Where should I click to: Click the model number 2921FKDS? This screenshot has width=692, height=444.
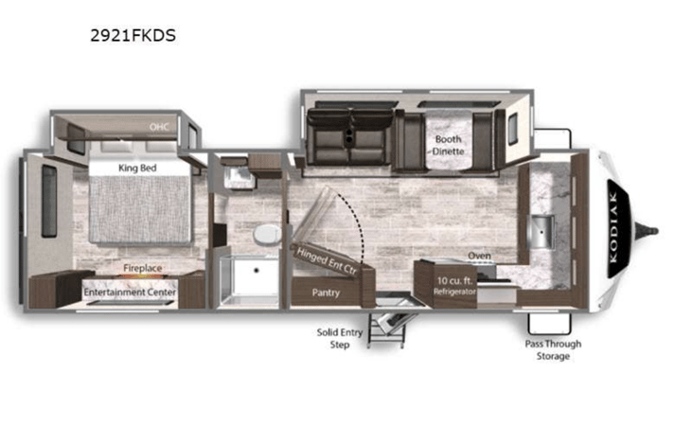(133, 35)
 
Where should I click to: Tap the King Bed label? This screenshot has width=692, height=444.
(137, 169)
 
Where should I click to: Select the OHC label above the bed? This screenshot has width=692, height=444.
(159, 127)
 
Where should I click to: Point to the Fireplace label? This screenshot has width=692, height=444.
(143, 268)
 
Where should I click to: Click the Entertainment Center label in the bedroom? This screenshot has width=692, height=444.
(130, 293)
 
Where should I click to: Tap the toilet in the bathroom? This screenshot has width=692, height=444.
(268, 234)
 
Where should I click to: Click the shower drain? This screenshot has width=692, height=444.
(256, 270)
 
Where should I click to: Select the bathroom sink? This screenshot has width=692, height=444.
(239, 178)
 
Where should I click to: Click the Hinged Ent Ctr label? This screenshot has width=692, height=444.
(327, 261)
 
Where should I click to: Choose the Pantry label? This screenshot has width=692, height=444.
(326, 293)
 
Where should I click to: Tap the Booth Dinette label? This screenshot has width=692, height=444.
(448, 145)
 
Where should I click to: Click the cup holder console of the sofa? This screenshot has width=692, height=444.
(350, 134)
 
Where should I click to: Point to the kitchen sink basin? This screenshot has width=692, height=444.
(542, 232)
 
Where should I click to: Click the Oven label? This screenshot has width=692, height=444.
(479, 256)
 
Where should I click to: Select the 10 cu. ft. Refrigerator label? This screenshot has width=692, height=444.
(454, 286)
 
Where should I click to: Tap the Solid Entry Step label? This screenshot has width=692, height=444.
(340, 339)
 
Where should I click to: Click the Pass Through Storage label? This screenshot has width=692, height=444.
(553, 350)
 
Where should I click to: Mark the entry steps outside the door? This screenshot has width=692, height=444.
(387, 328)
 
